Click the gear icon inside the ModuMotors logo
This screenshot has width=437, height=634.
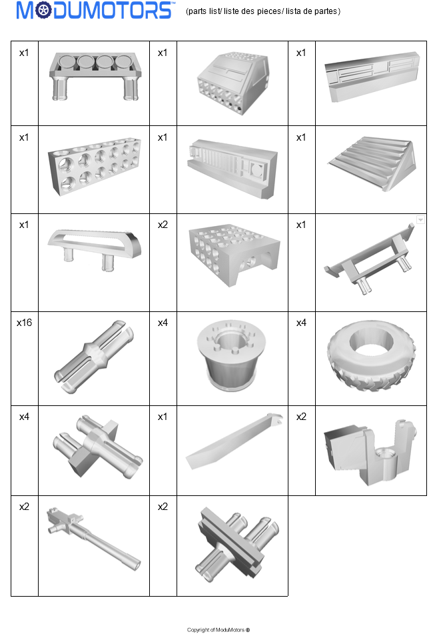(x=43, y=11)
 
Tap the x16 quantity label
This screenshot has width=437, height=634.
(x=24, y=323)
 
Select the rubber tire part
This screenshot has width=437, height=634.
(x=371, y=356)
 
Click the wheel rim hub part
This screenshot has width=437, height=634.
(x=231, y=355)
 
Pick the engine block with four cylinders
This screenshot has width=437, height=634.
(x=95, y=76)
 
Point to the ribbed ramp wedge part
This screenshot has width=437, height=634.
(x=372, y=163)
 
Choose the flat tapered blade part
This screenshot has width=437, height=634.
(x=233, y=441)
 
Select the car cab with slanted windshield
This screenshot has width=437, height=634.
(x=232, y=83)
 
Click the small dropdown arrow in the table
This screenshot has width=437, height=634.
(x=420, y=220)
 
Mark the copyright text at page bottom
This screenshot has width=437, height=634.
(x=218, y=629)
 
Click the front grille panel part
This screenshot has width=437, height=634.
(x=232, y=168)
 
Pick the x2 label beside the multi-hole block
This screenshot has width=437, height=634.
(x=163, y=225)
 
